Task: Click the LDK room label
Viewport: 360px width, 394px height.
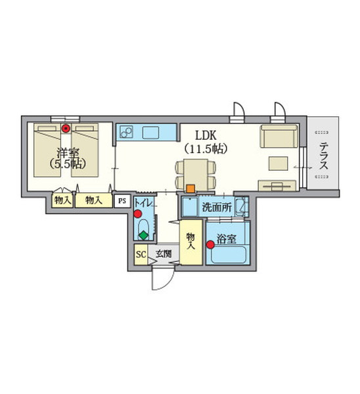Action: click(x=206, y=136)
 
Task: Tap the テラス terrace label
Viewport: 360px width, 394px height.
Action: click(x=324, y=155)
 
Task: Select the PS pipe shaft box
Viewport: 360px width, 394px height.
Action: click(x=122, y=201)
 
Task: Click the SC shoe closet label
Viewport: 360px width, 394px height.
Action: click(x=141, y=254)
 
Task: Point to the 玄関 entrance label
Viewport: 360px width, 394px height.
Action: click(x=164, y=253)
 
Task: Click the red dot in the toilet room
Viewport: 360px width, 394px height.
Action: click(x=137, y=214)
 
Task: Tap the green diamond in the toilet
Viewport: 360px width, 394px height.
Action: click(x=144, y=235)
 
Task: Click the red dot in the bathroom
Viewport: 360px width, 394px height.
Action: click(x=210, y=244)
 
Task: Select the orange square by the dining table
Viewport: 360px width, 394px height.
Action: click(x=191, y=188)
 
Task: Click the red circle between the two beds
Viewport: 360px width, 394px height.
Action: click(x=66, y=129)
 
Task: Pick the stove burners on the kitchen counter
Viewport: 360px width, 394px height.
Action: click(x=126, y=133)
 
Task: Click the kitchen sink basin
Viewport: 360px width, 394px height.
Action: click(x=150, y=133)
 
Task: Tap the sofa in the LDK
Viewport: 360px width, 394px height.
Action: click(x=279, y=136)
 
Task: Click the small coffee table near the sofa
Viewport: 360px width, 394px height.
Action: click(x=279, y=164)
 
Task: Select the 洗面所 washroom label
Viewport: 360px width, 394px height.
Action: click(x=217, y=208)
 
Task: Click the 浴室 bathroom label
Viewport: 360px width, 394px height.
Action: click(x=227, y=239)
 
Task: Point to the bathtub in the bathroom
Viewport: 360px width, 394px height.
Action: click(x=228, y=255)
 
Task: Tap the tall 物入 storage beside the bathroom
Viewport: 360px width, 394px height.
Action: click(x=191, y=242)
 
